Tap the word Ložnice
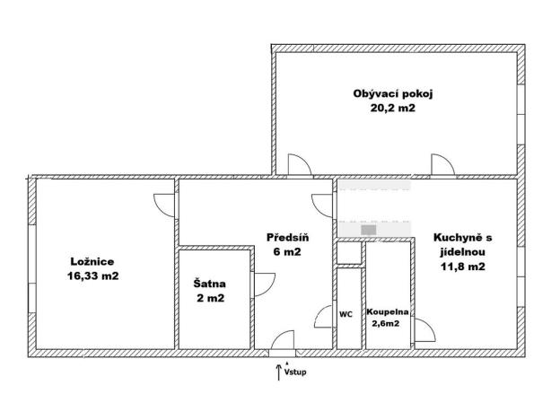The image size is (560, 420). click(x=92, y=261)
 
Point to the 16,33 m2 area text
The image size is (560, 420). click(x=92, y=276)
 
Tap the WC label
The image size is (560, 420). click(x=346, y=314)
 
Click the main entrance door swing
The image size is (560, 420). click(x=282, y=341)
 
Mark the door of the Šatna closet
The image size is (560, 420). click(x=261, y=285)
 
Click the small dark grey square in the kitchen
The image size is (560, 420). click(x=368, y=230)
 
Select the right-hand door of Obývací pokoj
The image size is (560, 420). click(x=442, y=165)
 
